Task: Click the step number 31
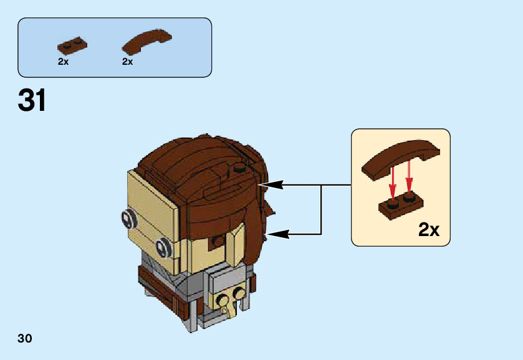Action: click(32, 101)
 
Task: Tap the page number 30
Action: click(25, 339)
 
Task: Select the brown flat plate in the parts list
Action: click(71, 45)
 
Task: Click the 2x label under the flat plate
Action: click(63, 62)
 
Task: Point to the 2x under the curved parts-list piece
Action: click(128, 62)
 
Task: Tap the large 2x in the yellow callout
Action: click(429, 230)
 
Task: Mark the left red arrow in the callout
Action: click(393, 181)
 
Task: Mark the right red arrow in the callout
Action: click(410, 178)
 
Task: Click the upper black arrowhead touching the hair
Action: click(275, 185)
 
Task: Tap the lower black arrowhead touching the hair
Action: click(275, 234)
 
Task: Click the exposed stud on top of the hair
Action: click(239, 168)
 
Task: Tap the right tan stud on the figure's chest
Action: click(238, 293)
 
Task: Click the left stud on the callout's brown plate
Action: click(393, 204)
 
